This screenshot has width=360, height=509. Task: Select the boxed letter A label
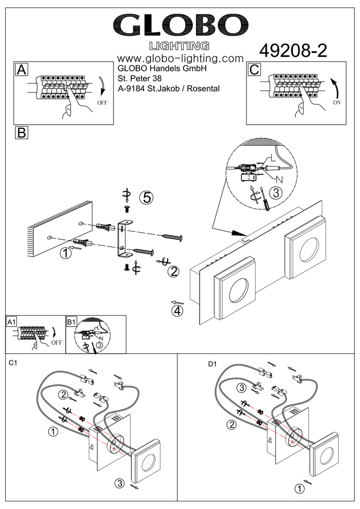[x=21, y=70]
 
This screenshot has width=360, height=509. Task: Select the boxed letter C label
[x=255, y=70]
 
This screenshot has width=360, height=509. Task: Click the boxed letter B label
[x=21, y=133]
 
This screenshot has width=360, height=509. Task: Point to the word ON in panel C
[x=336, y=102]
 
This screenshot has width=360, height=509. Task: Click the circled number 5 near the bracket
[x=147, y=198]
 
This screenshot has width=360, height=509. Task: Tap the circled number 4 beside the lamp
[x=177, y=310]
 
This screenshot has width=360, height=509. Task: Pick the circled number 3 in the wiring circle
[x=274, y=193]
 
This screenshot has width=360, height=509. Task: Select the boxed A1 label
[x=12, y=322]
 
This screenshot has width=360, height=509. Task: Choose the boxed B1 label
[x=71, y=322]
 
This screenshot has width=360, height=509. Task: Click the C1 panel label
[x=14, y=363]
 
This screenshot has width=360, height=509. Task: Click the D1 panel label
[x=212, y=363]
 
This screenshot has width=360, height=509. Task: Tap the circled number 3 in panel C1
[x=119, y=483]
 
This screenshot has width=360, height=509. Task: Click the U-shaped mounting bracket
[x=125, y=237]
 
